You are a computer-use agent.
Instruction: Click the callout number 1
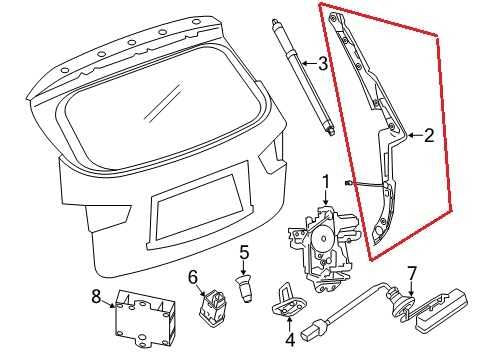pos(325,182)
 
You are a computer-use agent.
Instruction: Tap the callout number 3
pos(322,65)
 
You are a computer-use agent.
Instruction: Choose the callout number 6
pos(194,276)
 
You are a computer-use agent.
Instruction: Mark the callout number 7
pos(409,272)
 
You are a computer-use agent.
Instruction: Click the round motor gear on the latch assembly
pos(324,237)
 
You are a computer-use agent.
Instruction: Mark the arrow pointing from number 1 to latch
pos(325,198)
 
